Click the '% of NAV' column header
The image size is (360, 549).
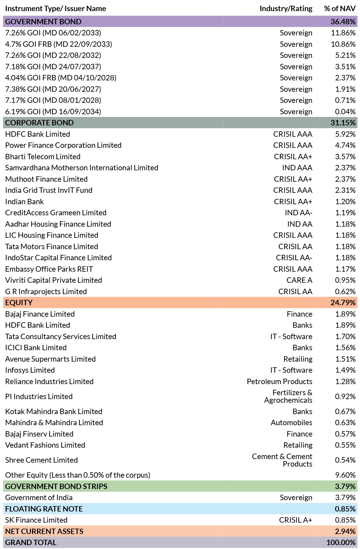(x=340, y=8)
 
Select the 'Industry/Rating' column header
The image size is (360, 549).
(x=286, y=8)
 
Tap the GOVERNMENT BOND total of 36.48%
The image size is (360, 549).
(x=343, y=22)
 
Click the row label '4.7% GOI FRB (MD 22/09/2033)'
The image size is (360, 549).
(x=58, y=44)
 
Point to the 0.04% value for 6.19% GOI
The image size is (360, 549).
(x=345, y=112)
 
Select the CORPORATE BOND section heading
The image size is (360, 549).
(x=39, y=123)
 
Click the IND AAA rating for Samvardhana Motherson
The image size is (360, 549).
(x=297, y=168)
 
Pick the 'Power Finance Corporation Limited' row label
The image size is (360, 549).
(x=63, y=145)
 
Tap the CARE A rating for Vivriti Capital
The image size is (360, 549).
(x=299, y=280)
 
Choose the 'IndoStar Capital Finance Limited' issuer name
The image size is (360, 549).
(x=58, y=258)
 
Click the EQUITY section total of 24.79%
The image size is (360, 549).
(x=343, y=303)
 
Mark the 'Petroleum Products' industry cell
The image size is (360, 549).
(x=280, y=381)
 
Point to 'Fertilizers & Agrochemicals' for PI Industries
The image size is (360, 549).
(x=288, y=396)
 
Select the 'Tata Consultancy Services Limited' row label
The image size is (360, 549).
(x=61, y=336)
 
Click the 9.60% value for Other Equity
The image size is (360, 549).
(x=345, y=475)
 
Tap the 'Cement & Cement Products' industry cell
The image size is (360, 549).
(x=282, y=460)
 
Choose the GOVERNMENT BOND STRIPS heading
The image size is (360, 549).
(x=56, y=486)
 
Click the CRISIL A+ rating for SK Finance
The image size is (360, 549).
(x=296, y=520)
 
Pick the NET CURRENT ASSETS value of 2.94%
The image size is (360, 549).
(x=345, y=531)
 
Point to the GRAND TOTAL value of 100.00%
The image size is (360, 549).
(x=341, y=542)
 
